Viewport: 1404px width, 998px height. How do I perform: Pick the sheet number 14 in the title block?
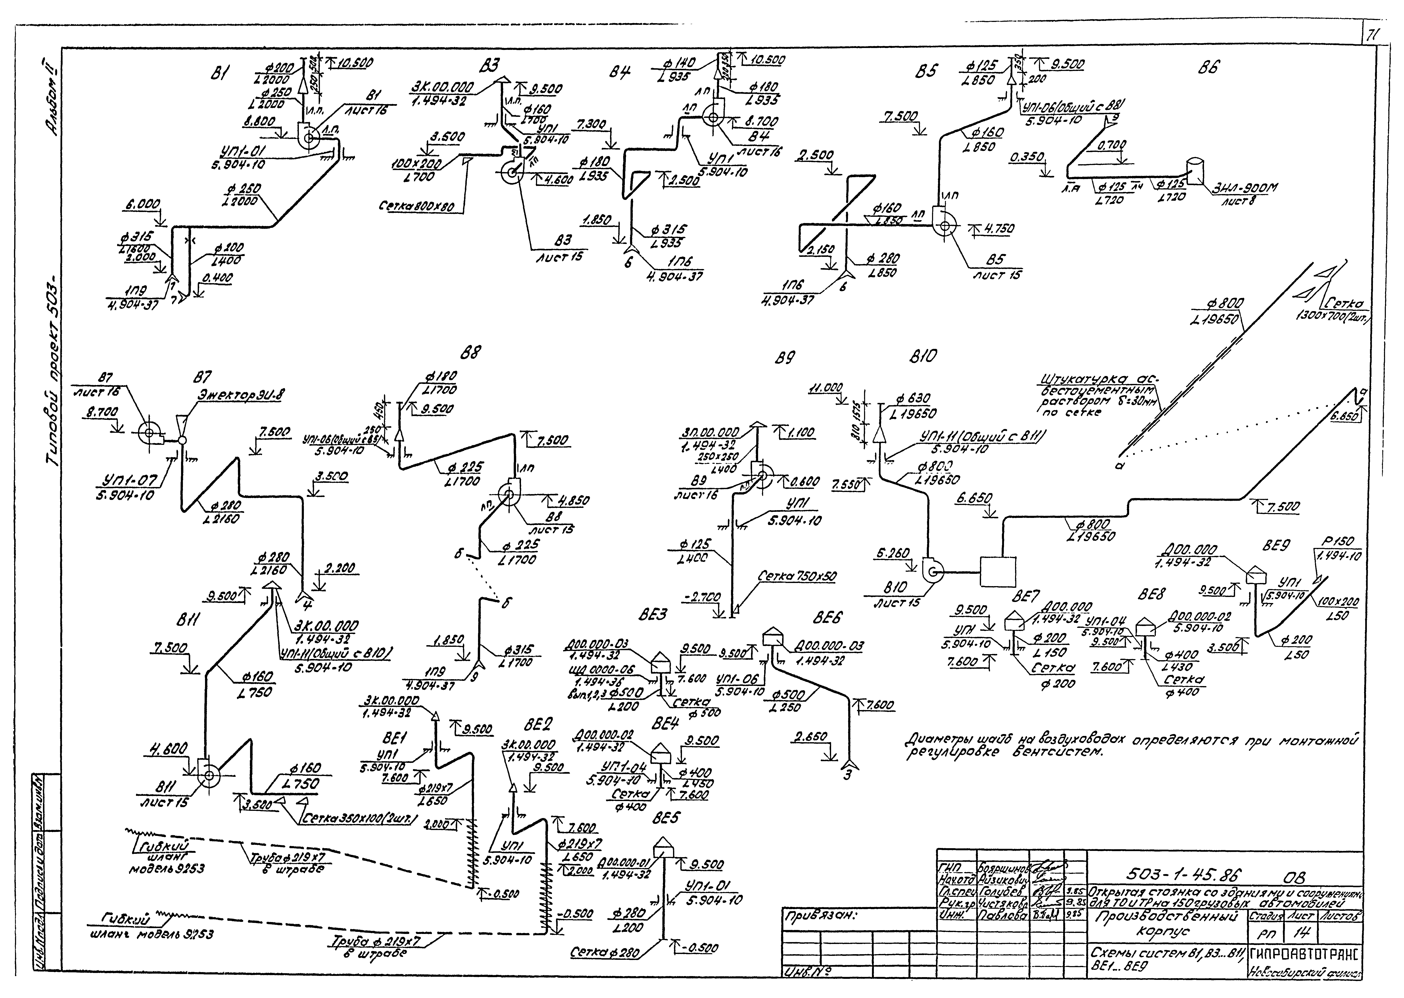coord(1308,933)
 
